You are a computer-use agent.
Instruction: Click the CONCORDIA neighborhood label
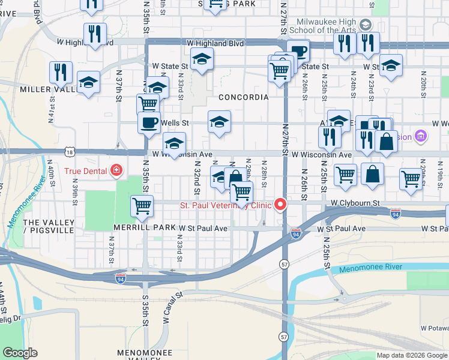click(243, 97)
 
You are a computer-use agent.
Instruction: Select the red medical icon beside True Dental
click(116, 171)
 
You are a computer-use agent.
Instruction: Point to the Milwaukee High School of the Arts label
click(322, 26)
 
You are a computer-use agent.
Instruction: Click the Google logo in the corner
click(20, 353)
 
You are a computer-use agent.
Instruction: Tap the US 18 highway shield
click(71, 153)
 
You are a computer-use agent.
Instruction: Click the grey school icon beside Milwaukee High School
click(366, 25)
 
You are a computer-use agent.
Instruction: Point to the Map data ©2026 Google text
click(412, 355)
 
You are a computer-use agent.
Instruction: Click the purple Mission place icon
click(420, 137)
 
